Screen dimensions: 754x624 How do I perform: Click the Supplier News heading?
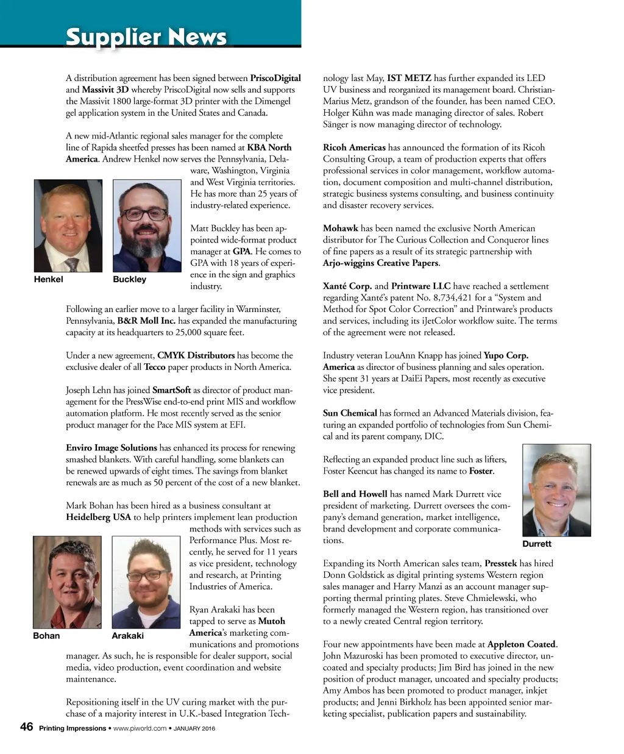(x=146, y=37)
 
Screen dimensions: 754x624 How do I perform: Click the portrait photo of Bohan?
(x=67, y=582)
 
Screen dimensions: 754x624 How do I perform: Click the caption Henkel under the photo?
(x=48, y=279)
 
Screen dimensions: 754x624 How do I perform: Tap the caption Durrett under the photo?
(x=537, y=544)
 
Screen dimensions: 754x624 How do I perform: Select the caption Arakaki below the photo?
(x=128, y=636)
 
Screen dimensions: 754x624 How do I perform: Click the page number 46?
(x=26, y=727)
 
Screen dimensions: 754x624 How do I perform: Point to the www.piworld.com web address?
(x=140, y=728)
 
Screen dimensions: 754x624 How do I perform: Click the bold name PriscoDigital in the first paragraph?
(x=275, y=78)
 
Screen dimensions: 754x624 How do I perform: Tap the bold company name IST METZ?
(x=409, y=78)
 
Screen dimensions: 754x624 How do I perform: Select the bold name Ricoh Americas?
(x=354, y=148)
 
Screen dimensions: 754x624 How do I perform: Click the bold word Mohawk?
(x=340, y=229)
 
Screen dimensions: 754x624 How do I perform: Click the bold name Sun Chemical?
(x=350, y=413)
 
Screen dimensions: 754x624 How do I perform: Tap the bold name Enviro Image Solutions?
(x=111, y=448)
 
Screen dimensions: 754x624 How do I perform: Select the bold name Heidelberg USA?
(x=98, y=517)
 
